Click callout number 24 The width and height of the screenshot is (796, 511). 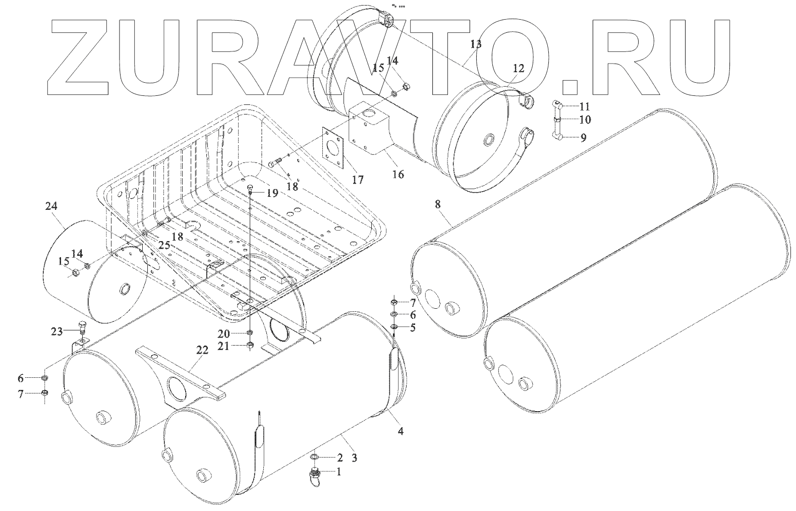point(51,206)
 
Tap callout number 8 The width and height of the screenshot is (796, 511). point(437,204)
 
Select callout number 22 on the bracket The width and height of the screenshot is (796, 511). point(202,352)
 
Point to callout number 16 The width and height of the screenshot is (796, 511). point(397,175)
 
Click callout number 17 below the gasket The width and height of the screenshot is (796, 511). point(358,180)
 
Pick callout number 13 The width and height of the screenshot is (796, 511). point(476,44)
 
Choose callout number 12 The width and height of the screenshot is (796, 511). point(519,69)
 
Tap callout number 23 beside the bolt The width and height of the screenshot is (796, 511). point(56,331)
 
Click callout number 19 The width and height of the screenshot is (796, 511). point(272,193)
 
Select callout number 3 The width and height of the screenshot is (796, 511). point(355,458)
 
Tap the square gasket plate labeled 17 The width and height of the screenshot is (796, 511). point(333,146)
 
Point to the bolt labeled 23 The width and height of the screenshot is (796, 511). point(83,327)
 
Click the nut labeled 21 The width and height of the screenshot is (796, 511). point(250,345)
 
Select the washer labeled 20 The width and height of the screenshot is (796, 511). point(250,333)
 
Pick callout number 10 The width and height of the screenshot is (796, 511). point(585,120)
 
